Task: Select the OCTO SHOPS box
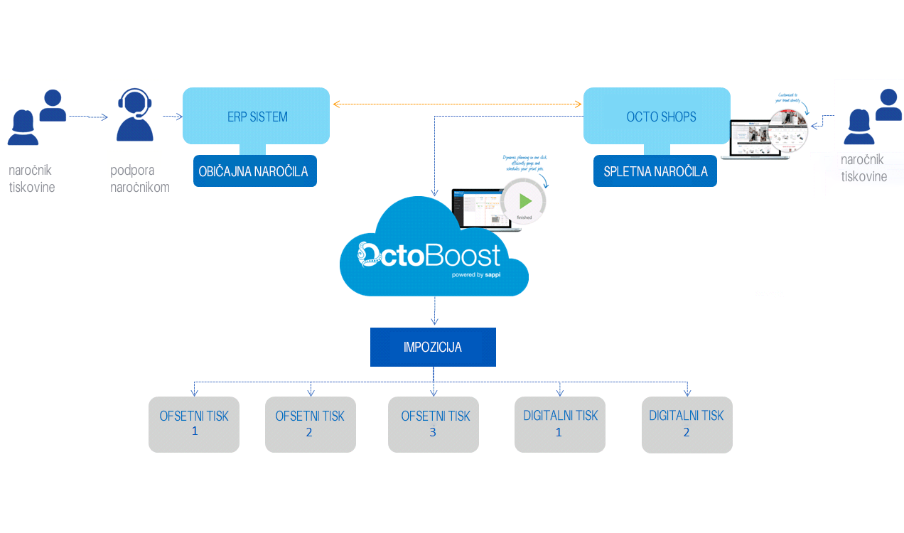click(656, 116)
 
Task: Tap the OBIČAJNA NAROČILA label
click(254, 171)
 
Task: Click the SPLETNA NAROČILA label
click(655, 171)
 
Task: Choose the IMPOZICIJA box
click(433, 347)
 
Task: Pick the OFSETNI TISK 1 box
click(194, 424)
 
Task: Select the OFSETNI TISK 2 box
click(310, 424)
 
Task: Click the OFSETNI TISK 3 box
click(434, 424)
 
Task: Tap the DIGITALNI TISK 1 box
click(560, 424)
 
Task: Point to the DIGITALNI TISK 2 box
click(687, 424)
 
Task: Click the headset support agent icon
click(134, 115)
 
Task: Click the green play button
click(524, 201)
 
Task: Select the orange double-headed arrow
click(457, 104)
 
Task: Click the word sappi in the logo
click(493, 274)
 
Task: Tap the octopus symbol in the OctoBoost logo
click(370, 255)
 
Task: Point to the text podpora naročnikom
click(140, 178)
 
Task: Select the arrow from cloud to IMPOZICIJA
click(434, 311)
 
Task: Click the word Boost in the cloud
click(463, 254)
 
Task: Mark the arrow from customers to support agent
click(89, 117)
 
